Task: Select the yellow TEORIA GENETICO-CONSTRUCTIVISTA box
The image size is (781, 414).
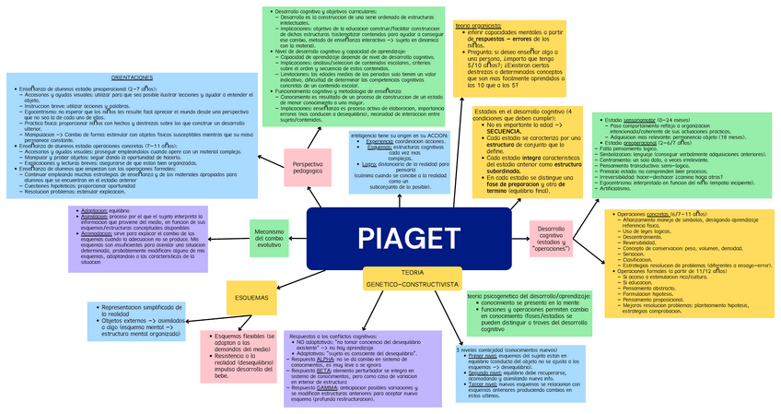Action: coord(412,279)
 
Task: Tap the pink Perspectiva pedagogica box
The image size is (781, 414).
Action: coord(308,165)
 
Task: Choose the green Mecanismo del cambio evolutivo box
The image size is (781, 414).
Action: coord(269,238)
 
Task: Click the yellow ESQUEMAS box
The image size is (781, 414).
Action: coord(252,298)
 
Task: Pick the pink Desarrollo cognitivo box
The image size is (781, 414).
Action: coord(552,238)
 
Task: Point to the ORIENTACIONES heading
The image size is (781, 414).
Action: coord(133,78)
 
